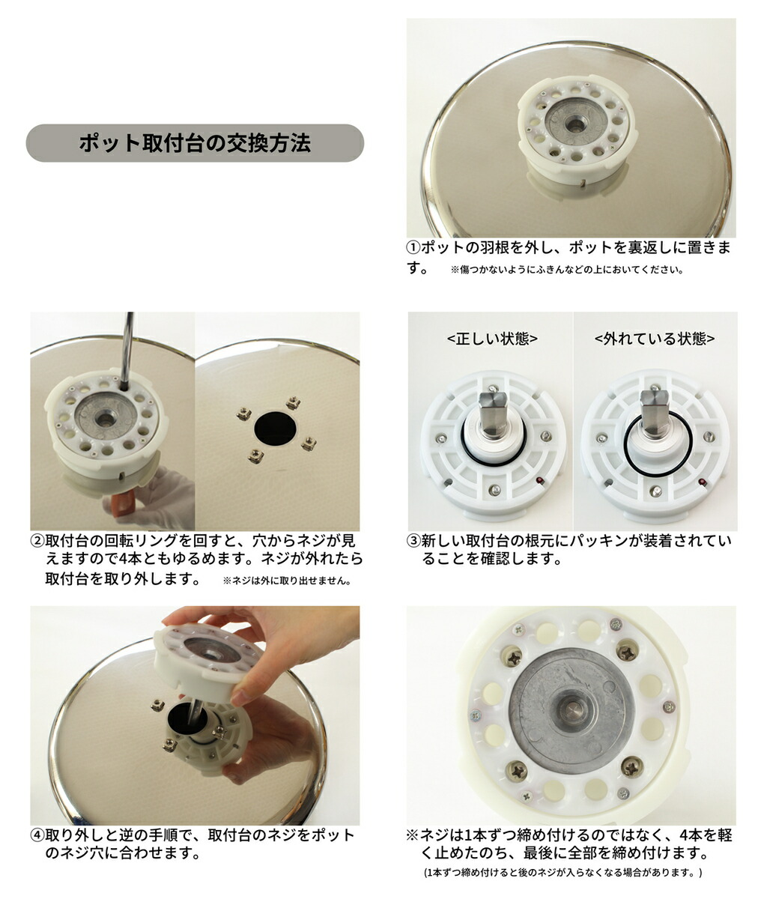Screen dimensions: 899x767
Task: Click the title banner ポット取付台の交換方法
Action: (195, 143)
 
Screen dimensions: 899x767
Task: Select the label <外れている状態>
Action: (655, 339)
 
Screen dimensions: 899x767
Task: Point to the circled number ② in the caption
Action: (37, 541)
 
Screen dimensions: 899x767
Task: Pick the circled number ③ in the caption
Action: (413, 541)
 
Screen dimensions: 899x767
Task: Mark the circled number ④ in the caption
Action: (37, 835)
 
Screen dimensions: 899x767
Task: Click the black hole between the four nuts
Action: (275, 429)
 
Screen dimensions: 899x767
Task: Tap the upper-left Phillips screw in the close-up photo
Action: (515, 657)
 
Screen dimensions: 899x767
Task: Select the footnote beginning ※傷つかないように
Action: (566, 270)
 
